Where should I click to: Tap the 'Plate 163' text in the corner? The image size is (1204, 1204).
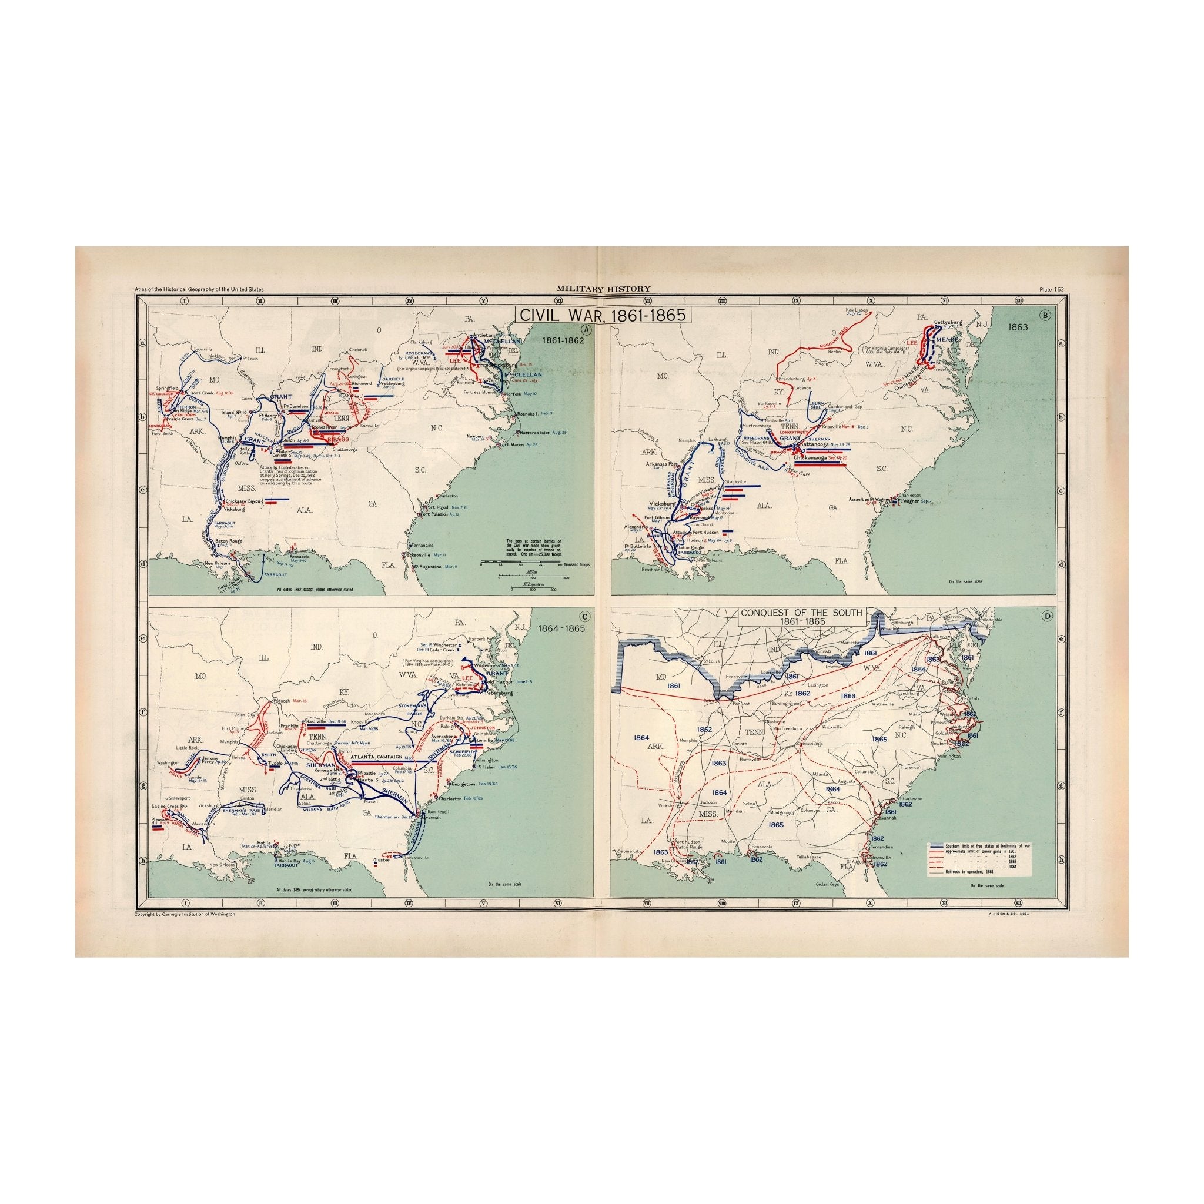pos(1052,289)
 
